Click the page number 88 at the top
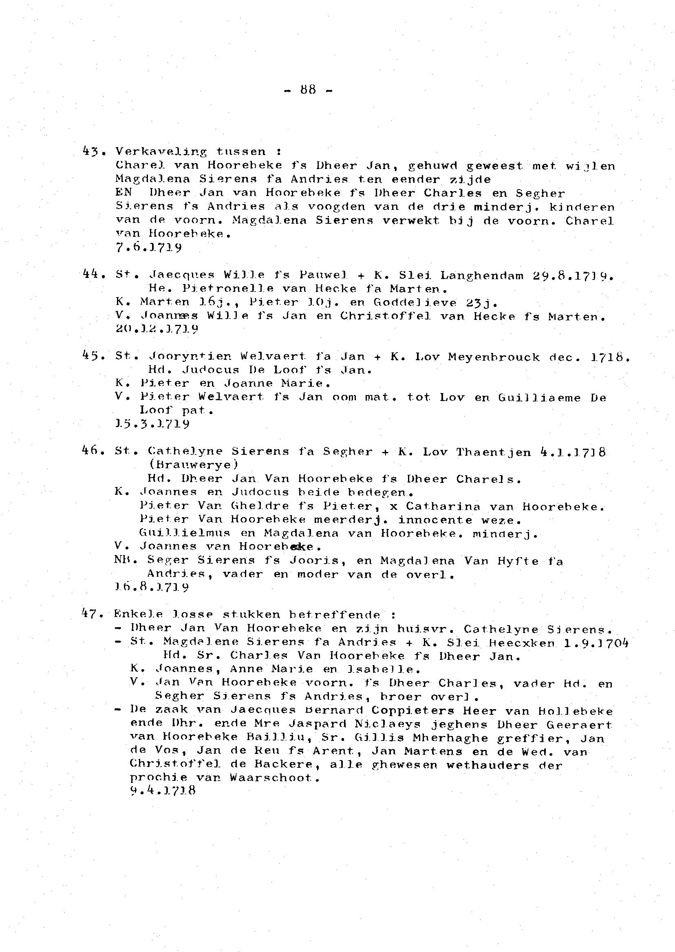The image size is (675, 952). (308, 90)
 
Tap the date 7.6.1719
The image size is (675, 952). (148, 248)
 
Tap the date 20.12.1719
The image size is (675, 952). (157, 329)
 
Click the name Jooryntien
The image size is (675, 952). (190, 357)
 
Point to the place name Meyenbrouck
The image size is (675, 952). (494, 357)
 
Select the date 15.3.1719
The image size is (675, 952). (152, 424)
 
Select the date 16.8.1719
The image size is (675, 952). (152, 588)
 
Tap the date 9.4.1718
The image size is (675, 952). (163, 791)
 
